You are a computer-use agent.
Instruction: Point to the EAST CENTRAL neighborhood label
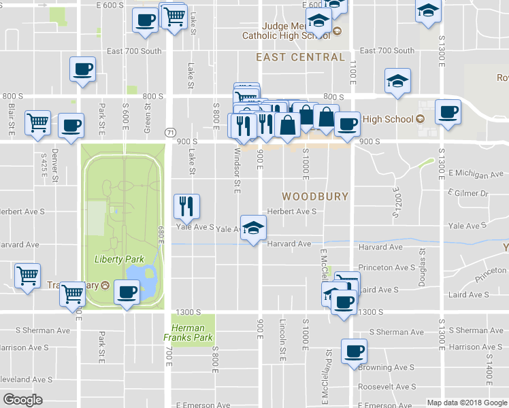(x=300, y=57)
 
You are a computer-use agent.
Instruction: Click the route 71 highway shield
(x=169, y=131)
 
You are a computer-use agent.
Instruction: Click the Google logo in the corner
(x=23, y=399)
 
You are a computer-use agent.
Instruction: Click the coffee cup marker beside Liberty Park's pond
(x=127, y=292)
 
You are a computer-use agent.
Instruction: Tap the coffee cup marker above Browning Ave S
(x=354, y=352)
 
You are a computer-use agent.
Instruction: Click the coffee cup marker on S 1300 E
(x=447, y=112)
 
